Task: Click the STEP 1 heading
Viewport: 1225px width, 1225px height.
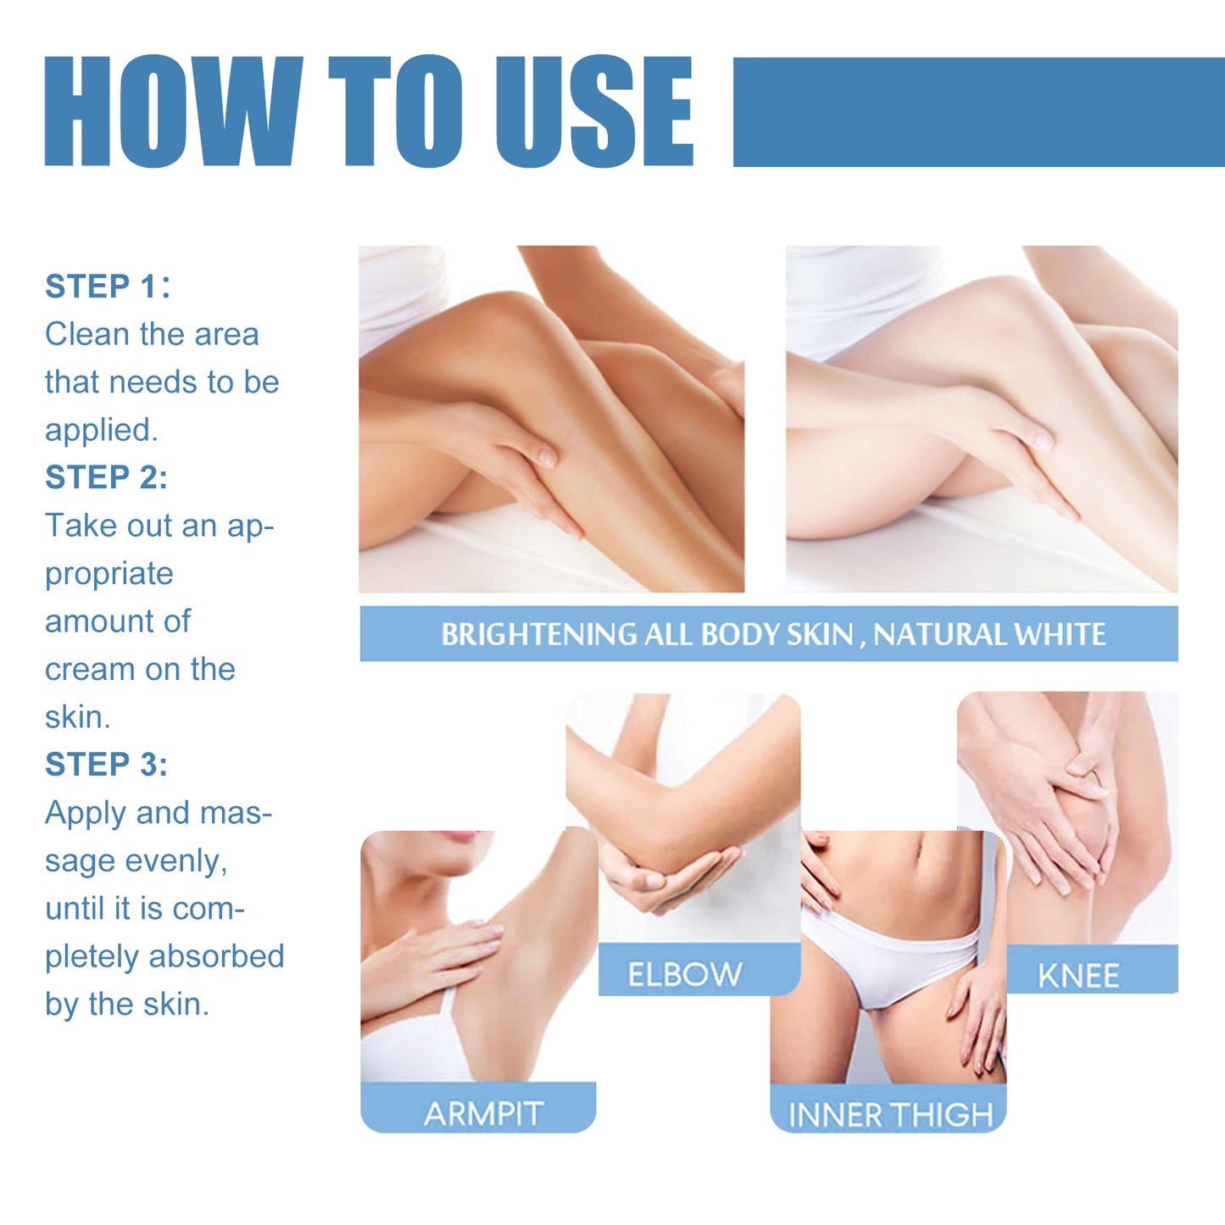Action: pyautogui.click(x=106, y=287)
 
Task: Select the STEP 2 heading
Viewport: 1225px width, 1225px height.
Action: pyautogui.click(x=106, y=477)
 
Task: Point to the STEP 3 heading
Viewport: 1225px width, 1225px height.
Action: pyautogui.click(x=106, y=765)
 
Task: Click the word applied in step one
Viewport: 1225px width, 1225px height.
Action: pyautogui.click(x=99, y=430)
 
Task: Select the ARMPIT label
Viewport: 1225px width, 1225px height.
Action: pyautogui.click(x=483, y=1113)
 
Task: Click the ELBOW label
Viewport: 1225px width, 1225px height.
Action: pyautogui.click(x=685, y=974)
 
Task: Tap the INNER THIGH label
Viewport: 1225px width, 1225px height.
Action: pyautogui.click(x=890, y=1115)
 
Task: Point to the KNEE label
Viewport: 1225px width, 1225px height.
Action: pyautogui.click(x=1078, y=976)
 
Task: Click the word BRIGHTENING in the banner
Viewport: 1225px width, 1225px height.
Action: pyautogui.click(x=539, y=634)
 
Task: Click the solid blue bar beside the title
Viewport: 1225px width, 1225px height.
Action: pyautogui.click(x=978, y=112)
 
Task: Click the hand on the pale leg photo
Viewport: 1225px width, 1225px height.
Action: pyautogui.click(x=1009, y=441)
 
